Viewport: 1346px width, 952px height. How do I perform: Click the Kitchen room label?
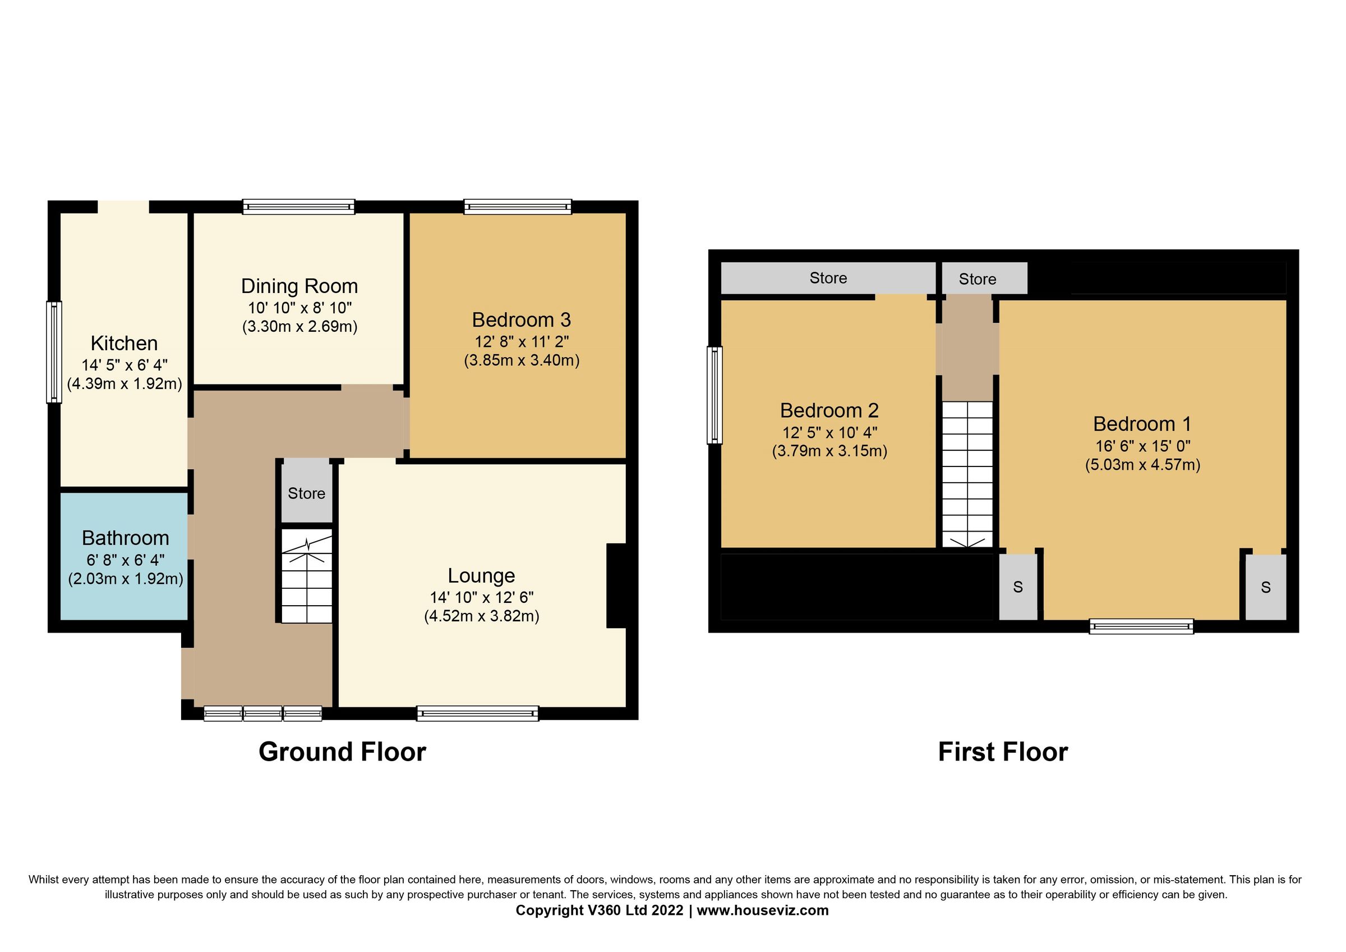pyautogui.click(x=125, y=343)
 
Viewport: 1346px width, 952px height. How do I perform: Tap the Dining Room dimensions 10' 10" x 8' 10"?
pyautogui.click(x=299, y=308)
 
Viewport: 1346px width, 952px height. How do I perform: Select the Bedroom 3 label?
pyautogui.click(x=521, y=320)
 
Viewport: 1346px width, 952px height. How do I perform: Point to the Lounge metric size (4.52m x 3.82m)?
pyautogui.click(x=481, y=616)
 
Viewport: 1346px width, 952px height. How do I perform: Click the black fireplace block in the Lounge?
pyautogui.click(x=616, y=586)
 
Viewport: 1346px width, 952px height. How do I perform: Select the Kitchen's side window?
pyautogui.click(x=54, y=352)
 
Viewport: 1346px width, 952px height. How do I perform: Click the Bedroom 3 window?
pyautogui.click(x=518, y=206)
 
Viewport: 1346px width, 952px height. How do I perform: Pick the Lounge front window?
pyautogui.click(x=477, y=713)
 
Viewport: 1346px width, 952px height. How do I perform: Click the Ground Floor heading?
pyautogui.click(x=342, y=752)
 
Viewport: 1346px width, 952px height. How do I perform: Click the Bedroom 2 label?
pyautogui.click(x=829, y=410)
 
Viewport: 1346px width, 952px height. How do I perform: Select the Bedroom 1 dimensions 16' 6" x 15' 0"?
pyautogui.click(x=1142, y=446)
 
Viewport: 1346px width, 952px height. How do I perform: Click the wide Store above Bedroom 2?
pyautogui.click(x=828, y=278)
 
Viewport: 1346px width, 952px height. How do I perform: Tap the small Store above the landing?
pyautogui.click(x=978, y=279)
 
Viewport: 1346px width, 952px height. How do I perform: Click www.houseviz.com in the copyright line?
pyautogui.click(x=762, y=910)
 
